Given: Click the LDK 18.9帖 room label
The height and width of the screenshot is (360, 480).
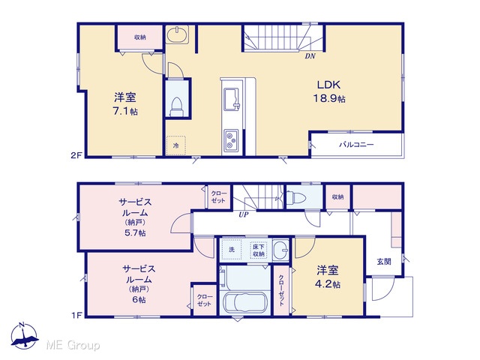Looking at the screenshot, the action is pyautogui.click(x=329, y=91).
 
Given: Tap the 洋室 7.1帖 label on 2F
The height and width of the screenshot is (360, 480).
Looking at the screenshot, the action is pyautogui.click(x=125, y=104).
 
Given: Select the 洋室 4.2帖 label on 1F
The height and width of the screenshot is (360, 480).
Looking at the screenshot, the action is pyautogui.click(x=328, y=277).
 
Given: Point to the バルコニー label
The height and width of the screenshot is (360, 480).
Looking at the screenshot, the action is pyautogui.click(x=356, y=145).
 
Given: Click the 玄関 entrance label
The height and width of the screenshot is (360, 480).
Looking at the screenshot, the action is pyautogui.click(x=384, y=262).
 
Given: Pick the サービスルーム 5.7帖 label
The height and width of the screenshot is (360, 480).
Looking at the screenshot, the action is pyautogui.click(x=135, y=217).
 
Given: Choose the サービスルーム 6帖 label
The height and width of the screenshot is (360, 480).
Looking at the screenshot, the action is pyautogui.click(x=139, y=283).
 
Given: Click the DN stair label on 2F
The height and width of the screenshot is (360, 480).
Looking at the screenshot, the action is pyautogui.click(x=310, y=56).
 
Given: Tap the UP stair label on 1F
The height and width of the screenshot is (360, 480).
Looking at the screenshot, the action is pyautogui.click(x=244, y=215).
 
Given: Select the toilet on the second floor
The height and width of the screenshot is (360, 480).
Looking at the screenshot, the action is pyautogui.click(x=177, y=107).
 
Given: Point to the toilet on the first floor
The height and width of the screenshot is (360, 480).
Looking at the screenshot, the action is pyautogui.click(x=295, y=197).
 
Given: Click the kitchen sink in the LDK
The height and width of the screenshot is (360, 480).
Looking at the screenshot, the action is pyautogui.click(x=232, y=99).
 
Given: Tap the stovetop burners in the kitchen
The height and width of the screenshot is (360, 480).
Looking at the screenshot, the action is pyautogui.click(x=231, y=140).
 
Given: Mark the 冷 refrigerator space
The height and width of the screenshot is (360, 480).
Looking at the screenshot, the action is pyautogui.click(x=176, y=145).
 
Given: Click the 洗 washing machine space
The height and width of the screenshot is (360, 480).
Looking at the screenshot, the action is pyautogui.click(x=232, y=250).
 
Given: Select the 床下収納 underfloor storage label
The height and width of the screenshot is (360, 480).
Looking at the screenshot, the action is pyautogui.click(x=259, y=250).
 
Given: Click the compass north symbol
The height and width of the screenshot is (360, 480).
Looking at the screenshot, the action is pyautogui.click(x=24, y=336).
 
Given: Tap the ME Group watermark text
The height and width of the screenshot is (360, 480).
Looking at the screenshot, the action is pyautogui.click(x=73, y=345).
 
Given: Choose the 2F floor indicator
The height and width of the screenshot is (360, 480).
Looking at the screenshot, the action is pyautogui.click(x=76, y=155).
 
